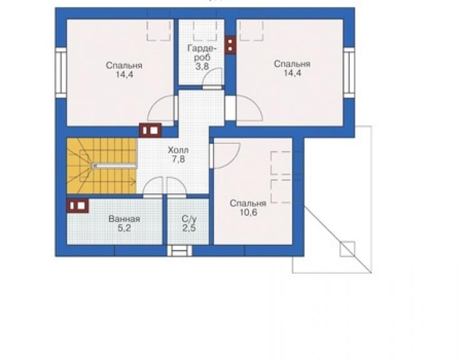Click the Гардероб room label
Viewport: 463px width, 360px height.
(x=202, y=53)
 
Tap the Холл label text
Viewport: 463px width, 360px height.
(x=178, y=150)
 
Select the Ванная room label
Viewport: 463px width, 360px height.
(x=124, y=219)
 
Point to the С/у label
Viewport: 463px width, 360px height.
(x=189, y=219)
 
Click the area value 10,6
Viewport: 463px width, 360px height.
(x=248, y=212)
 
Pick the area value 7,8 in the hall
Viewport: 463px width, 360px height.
(x=178, y=159)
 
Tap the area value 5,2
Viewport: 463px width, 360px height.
(x=125, y=228)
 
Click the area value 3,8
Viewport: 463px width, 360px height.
(x=202, y=66)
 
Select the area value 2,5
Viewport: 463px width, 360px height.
(x=189, y=228)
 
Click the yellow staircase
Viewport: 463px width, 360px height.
(x=102, y=166)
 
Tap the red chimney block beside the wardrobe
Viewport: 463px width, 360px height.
(x=230, y=45)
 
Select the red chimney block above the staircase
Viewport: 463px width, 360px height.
(x=150, y=130)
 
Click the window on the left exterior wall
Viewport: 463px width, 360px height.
(x=61, y=73)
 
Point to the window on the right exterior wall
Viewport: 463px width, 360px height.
(x=349, y=72)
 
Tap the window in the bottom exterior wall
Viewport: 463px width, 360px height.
(x=180, y=251)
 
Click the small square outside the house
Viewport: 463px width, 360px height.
(x=347, y=249)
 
